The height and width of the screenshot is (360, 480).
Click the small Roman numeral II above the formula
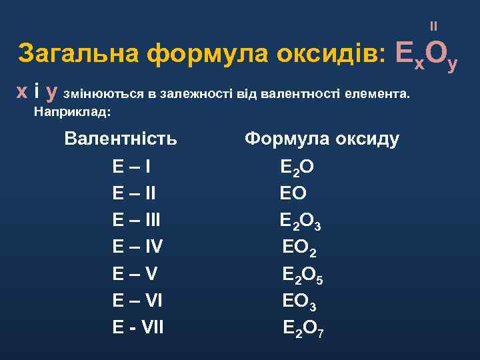coord(434,27)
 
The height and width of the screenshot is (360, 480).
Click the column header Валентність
coord(121,139)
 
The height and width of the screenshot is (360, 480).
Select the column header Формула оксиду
coord(322,139)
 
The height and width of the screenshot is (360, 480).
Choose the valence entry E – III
coord(137,220)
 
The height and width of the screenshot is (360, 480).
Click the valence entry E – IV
coord(138,247)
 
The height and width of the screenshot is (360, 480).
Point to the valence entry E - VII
coord(138,327)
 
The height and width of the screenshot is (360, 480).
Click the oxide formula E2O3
coord(301,221)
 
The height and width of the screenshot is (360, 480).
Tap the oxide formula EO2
coord(300,248)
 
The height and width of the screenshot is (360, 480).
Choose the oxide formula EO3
coord(300,301)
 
